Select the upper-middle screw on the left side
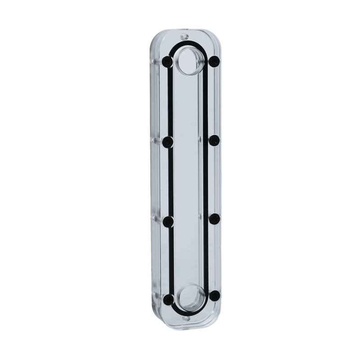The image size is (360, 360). pyautogui.click(x=168, y=142)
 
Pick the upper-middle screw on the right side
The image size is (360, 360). pyautogui.click(x=214, y=140)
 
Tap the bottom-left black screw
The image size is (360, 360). pyautogui.click(x=168, y=299)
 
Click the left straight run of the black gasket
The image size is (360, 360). pyautogui.click(x=171, y=180)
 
